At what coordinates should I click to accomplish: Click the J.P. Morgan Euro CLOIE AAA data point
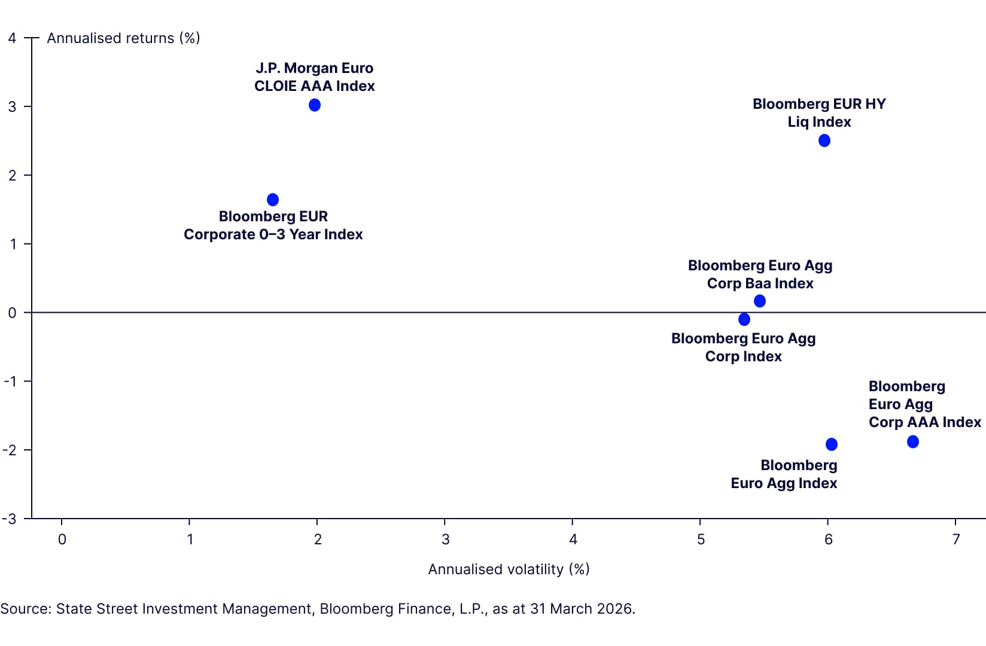click(x=315, y=105)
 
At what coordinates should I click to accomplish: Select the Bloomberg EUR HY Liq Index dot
click(x=824, y=141)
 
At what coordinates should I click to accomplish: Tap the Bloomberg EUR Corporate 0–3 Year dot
click(x=273, y=200)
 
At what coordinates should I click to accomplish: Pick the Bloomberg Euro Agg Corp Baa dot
click(x=760, y=301)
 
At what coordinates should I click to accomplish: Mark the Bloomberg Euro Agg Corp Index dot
click(x=744, y=319)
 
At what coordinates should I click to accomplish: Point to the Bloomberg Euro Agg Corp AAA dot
click(x=913, y=442)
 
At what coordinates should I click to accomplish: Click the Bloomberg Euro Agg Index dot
click(x=832, y=444)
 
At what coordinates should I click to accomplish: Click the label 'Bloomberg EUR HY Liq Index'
click(x=819, y=112)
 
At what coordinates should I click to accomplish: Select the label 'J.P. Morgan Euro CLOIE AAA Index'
click(x=314, y=77)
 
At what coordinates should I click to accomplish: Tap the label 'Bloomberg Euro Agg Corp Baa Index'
click(x=760, y=274)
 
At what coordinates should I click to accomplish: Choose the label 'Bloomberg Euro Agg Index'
click(x=784, y=474)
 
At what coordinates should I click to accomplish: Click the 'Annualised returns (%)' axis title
click(x=123, y=38)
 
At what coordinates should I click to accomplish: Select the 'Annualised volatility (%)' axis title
click(x=509, y=569)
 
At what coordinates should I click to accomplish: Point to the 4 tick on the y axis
click(x=12, y=38)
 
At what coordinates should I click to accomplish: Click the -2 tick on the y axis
click(x=10, y=450)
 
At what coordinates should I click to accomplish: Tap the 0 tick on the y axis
click(x=12, y=313)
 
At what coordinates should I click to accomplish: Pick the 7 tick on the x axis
click(x=956, y=540)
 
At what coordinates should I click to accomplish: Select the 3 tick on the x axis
click(x=445, y=540)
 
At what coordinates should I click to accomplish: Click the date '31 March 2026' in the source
click(x=580, y=609)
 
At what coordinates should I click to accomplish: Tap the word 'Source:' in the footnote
click(x=26, y=609)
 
